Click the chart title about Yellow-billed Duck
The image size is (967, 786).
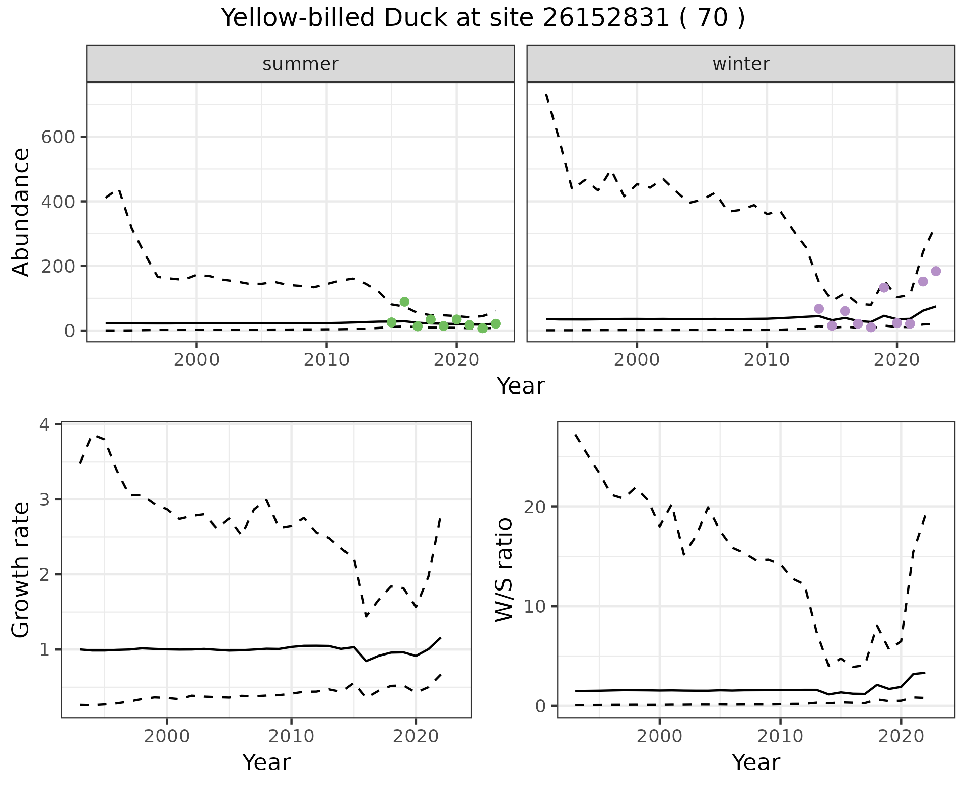coord(483,18)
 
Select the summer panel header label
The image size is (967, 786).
coord(301,64)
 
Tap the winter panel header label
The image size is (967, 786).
coord(741,64)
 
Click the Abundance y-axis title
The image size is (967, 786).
coord(21,212)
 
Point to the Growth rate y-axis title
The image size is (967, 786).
coord(21,570)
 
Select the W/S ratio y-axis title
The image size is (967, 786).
coord(504,570)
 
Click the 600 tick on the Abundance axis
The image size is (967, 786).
coord(58,137)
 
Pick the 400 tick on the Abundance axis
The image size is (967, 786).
coord(58,202)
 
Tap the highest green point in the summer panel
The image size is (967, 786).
coord(404,302)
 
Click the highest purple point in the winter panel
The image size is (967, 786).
coord(936,271)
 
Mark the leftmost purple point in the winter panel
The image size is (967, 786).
coord(819,309)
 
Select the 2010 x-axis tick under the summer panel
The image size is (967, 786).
coord(326,360)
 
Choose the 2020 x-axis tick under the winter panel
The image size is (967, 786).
coord(896,360)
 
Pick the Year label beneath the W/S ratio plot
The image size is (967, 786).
coord(756,763)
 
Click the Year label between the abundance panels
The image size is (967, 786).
coord(521,386)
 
